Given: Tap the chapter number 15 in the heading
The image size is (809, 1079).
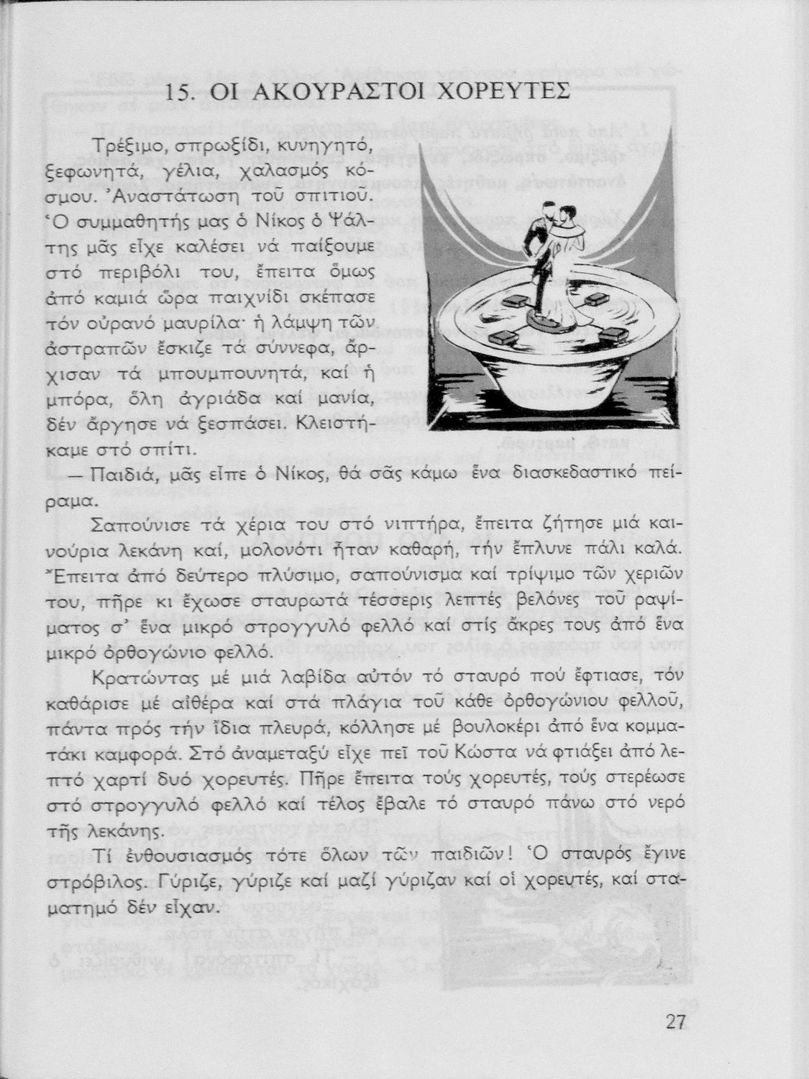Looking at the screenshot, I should (x=179, y=93).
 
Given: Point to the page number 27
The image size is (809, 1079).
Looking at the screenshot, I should (x=676, y=1022).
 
